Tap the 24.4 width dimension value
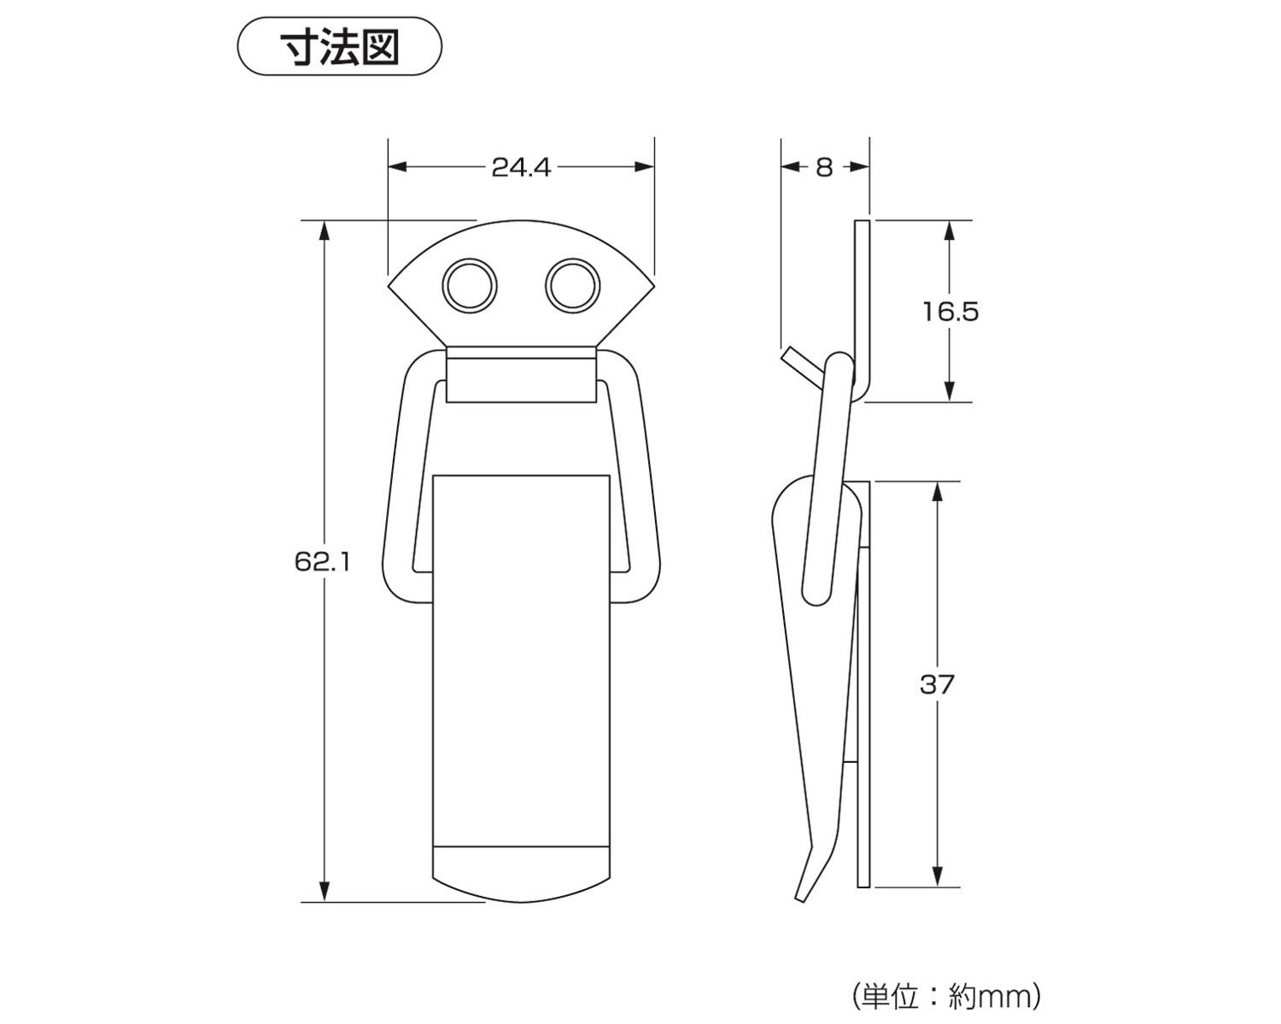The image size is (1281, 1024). pyautogui.click(x=521, y=167)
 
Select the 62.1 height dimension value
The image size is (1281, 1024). pyautogui.click(x=322, y=561)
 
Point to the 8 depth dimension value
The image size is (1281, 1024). pyautogui.click(x=823, y=167)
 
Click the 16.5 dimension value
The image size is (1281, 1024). pyautogui.click(x=950, y=311)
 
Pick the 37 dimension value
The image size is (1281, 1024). pyautogui.click(x=937, y=684)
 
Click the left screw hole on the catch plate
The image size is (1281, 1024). pyautogui.click(x=469, y=284)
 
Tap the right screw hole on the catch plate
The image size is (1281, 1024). pyautogui.click(x=572, y=284)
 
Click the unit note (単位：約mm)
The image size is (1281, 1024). pyautogui.click(x=946, y=995)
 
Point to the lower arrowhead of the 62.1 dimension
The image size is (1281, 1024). pyautogui.click(x=324, y=891)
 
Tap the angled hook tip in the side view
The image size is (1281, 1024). pyautogui.click(x=795, y=358)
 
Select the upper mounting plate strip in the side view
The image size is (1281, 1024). pyautogui.click(x=863, y=299)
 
